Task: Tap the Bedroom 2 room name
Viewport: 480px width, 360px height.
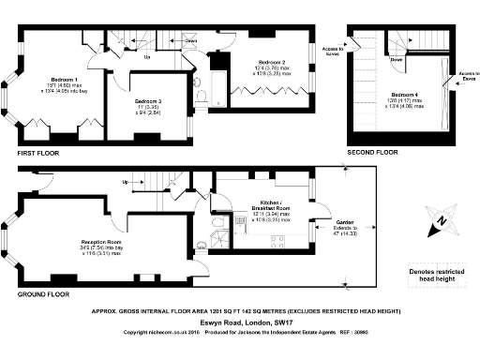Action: [x=273, y=60]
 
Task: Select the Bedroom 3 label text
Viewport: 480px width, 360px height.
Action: [x=147, y=101]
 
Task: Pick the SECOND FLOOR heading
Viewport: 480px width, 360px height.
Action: [x=372, y=152]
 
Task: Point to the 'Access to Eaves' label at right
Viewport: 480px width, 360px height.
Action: [x=468, y=76]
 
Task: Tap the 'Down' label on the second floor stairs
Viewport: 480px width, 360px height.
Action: [x=397, y=58]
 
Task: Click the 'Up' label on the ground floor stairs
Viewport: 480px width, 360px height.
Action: [x=125, y=183]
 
